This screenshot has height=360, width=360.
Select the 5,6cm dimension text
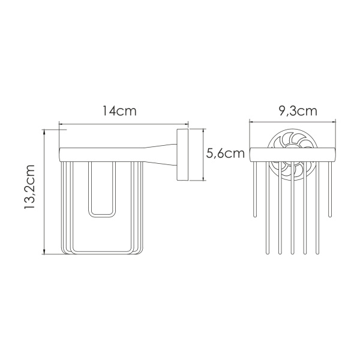click(226, 154)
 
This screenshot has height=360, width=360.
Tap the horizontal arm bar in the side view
click(102, 153)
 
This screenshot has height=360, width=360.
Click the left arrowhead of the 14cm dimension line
click(61, 126)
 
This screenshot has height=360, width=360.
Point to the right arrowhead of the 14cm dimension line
click(187, 126)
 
